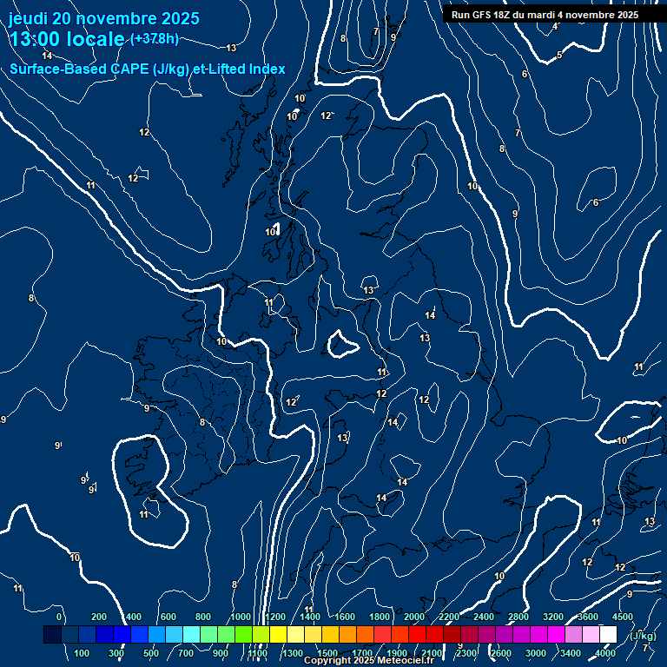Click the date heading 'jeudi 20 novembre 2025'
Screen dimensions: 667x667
pyautogui.click(x=103, y=18)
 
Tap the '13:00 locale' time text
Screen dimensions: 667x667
pyautogui.click(x=68, y=39)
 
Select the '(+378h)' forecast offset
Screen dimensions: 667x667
pyautogui.click(x=155, y=39)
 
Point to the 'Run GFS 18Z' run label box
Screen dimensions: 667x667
pyautogui.click(x=545, y=15)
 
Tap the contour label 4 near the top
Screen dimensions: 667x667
pyautogui.click(x=555, y=26)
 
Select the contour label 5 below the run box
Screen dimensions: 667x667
pyautogui.click(x=559, y=56)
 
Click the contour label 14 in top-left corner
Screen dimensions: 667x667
pyautogui.click(x=47, y=56)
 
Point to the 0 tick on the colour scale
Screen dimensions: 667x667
pyautogui.click(x=59, y=617)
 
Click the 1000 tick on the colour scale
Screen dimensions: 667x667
pyautogui.click(x=240, y=617)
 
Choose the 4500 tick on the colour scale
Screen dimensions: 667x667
pyautogui.click(x=623, y=617)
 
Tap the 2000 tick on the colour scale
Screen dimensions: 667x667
pyautogui.click(x=414, y=617)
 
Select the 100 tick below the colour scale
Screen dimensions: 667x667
pyautogui.click(x=82, y=653)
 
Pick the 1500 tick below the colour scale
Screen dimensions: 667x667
pyautogui.click(x=327, y=653)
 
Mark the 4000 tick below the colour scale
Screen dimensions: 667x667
pyautogui.click(x=605, y=653)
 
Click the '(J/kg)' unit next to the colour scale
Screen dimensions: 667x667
pyautogui.click(x=642, y=636)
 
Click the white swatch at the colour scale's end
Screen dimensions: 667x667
pyautogui.click(x=608, y=635)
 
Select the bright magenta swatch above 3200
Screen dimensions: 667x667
pyautogui.click(x=556, y=635)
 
